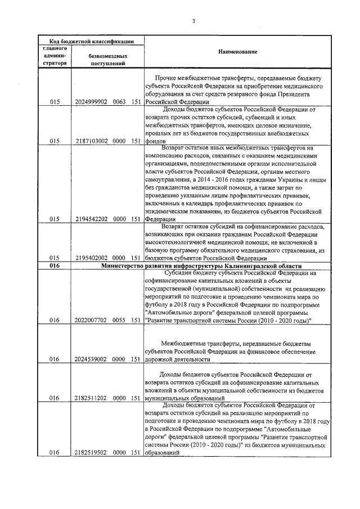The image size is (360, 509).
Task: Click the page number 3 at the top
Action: click(193, 21)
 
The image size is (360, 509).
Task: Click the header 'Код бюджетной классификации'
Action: click(91, 41)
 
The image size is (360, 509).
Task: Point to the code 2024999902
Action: click(91, 102)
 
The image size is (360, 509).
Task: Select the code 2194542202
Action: click(91, 219)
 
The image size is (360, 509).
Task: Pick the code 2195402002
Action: click(91, 257)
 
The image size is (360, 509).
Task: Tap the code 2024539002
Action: click(91, 358)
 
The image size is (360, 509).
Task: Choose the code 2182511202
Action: click(91, 397)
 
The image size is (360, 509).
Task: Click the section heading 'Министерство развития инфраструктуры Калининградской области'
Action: click(201, 265)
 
